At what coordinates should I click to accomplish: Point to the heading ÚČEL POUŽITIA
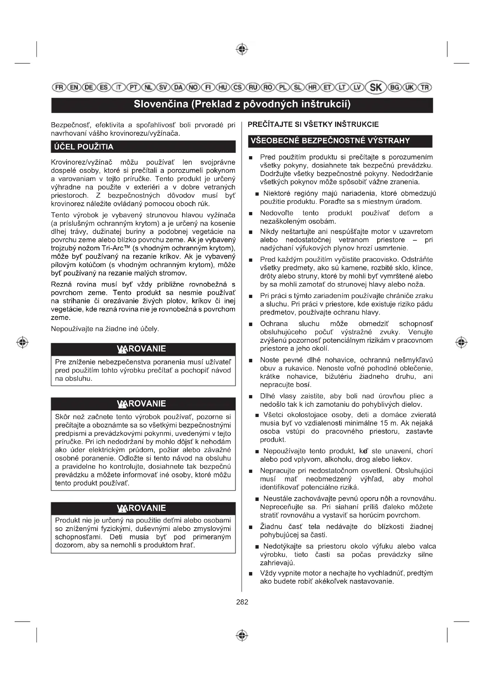[84, 147]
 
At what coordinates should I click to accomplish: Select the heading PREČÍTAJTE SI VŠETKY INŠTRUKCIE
[313, 125]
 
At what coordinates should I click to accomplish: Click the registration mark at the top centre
[242, 49]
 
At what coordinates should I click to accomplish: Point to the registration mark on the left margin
[23, 342]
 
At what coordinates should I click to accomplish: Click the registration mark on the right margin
[461, 342]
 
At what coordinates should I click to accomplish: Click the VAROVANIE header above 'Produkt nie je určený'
[143, 508]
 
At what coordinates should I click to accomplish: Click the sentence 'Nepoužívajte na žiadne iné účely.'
[105, 329]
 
